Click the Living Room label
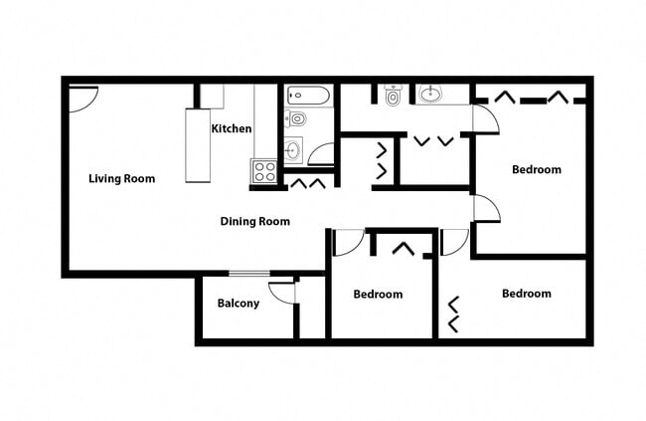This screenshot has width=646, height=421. (121, 179)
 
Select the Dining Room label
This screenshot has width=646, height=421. (254, 221)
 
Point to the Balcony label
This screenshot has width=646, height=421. (238, 304)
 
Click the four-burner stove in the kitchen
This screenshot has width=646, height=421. (264, 171)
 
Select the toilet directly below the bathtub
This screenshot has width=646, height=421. (296, 119)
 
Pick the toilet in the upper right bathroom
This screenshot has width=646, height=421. (393, 97)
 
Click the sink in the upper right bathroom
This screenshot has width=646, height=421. (431, 96)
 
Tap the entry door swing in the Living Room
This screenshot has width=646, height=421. (83, 98)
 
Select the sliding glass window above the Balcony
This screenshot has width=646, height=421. (248, 273)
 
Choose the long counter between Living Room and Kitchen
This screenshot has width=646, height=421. (198, 145)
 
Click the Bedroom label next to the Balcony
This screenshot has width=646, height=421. (379, 295)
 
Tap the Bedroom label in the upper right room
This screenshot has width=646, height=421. (536, 169)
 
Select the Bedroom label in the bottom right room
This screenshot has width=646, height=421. (526, 294)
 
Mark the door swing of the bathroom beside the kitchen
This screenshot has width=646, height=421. (322, 155)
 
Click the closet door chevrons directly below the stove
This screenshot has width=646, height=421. (307, 183)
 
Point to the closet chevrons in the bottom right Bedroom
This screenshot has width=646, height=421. (454, 314)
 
